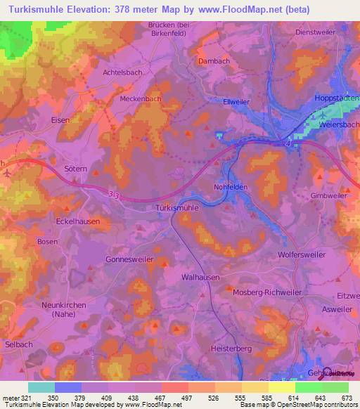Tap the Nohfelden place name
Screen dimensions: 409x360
tap(233, 187)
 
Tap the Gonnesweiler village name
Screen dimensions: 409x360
tap(129, 259)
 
